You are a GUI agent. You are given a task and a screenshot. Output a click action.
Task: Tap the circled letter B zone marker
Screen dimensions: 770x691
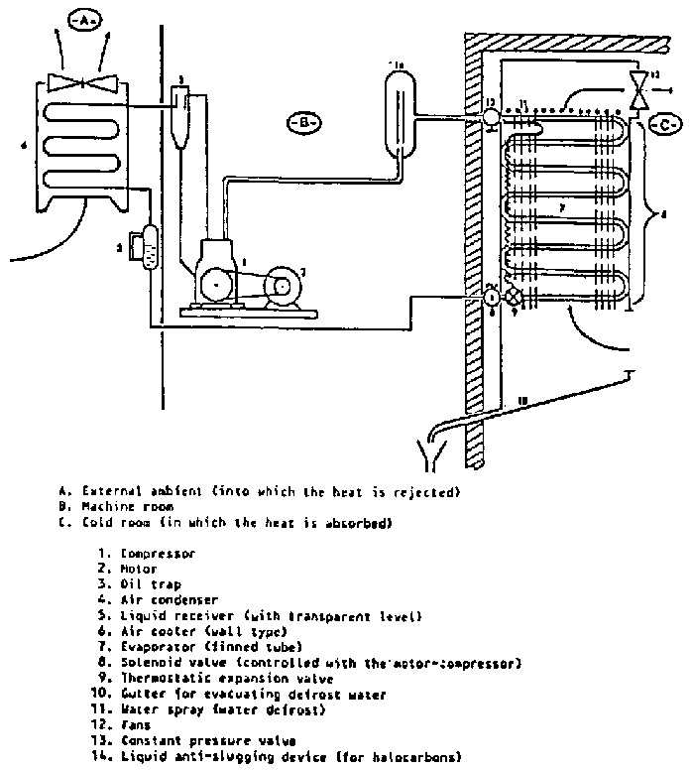(303, 123)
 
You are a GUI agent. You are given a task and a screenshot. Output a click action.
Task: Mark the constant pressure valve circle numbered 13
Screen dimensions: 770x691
(491, 117)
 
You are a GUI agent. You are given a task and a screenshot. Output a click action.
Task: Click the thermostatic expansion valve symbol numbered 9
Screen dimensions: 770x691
(513, 296)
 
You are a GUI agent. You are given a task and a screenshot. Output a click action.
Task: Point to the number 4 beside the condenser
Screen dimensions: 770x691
(23, 145)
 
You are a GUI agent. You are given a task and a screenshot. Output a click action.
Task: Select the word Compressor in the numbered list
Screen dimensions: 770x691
(156, 553)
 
